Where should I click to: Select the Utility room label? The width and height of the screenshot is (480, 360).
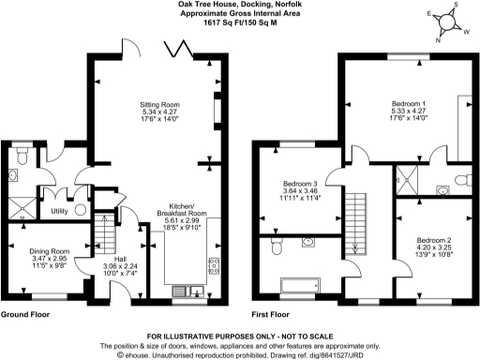[60, 212]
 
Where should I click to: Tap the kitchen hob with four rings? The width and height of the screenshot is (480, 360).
[213, 264]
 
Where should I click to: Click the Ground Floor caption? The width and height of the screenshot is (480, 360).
[26, 315]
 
